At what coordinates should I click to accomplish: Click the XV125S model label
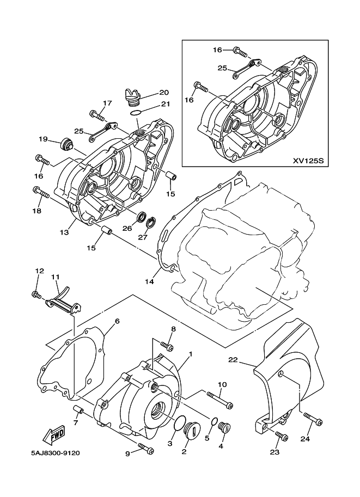308,161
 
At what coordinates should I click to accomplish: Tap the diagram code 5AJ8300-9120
56,453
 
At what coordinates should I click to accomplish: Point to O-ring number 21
136,112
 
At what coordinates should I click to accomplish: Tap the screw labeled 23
282,436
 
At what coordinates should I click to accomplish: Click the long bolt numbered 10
220,400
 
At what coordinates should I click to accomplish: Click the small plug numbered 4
224,427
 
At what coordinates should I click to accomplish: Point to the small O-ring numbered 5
213,422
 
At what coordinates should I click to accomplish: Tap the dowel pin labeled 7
78,409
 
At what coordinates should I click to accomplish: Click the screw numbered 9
145,447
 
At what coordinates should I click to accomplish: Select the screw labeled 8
167,346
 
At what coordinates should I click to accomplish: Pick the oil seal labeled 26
142,218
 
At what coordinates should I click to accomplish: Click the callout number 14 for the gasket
149,281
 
